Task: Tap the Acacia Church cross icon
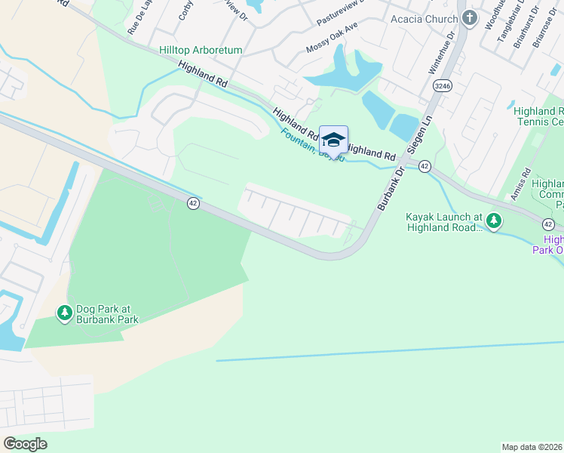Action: click(x=470, y=19)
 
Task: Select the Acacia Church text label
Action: click(x=424, y=19)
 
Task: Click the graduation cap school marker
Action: click(x=333, y=140)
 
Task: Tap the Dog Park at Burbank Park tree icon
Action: click(x=65, y=311)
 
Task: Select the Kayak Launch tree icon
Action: click(x=494, y=220)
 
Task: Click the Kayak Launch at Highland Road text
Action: click(x=443, y=221)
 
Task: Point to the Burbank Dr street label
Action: click(x=390, y=189)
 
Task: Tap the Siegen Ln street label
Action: click(x=419, y=134)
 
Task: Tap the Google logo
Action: click(x=26, y=444)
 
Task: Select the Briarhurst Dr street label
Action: click(x=520, y=29)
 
